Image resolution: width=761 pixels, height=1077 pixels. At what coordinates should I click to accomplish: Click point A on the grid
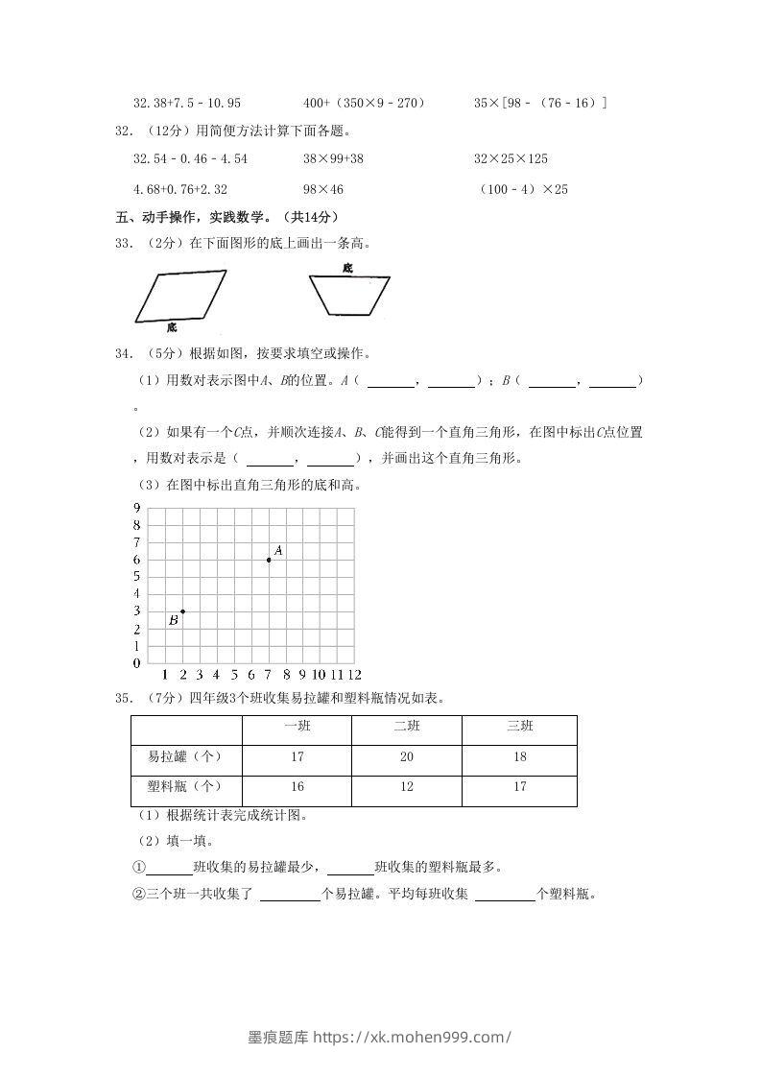click(269, 560)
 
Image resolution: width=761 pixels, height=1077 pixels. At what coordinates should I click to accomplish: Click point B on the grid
click(182, 611)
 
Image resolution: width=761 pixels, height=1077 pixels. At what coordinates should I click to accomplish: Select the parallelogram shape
click(180, 297)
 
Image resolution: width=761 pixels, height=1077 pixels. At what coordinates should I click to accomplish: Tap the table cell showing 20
click(407, 757)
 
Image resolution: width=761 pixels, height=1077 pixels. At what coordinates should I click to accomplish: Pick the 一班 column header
click(297, 727)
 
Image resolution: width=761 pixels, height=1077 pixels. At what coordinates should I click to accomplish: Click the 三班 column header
click(519, 727)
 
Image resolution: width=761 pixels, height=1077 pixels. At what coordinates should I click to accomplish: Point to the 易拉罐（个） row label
click(186, 757)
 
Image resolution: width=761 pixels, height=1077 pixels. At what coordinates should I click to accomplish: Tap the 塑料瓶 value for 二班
click(407, 787)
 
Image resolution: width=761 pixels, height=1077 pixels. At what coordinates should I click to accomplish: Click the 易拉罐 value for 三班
click(519, 757)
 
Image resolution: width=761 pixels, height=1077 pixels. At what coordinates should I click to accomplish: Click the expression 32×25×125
click(511, 158)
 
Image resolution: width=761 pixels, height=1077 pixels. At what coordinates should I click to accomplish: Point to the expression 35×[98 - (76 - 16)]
click(540, 102)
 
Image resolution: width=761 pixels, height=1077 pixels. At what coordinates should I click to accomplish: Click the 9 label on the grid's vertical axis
click(137, 508)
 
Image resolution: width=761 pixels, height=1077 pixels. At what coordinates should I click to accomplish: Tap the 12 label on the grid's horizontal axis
click(354, 674)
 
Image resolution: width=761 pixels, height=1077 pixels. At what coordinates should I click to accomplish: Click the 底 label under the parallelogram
click(171, 327)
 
